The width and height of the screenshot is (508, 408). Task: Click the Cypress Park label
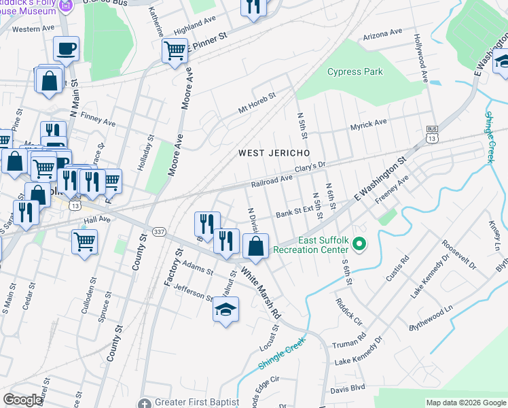click(355, 72)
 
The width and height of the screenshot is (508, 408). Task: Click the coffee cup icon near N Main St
click(67, 48)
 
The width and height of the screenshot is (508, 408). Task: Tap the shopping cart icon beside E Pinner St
click(175, 50)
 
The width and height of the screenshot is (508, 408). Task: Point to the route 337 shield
click(159, 231)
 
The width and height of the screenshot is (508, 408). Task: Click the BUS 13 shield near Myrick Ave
click(431, 134)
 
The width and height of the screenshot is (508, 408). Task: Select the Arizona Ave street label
click(382, 34)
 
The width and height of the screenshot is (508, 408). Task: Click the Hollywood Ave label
click(420, 49)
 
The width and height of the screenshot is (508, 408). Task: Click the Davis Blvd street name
click(347, 390)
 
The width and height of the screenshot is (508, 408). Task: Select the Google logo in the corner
click(22, 400)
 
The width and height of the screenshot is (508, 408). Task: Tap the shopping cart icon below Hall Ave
click(84, 240)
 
